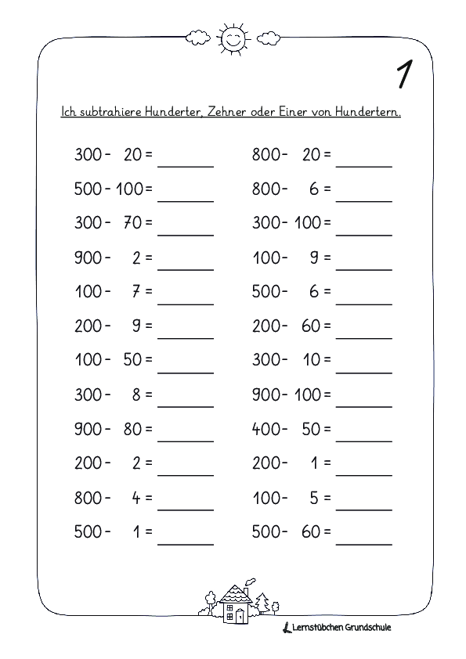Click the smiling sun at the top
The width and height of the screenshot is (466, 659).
[233, 36]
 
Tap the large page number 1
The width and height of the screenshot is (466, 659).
[405, 74]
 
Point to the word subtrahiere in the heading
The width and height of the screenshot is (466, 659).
[103, 112]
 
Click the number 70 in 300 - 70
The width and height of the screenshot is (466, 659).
[132, 222]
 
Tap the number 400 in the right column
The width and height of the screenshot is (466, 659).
[266, 429]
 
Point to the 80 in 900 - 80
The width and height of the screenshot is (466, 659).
[132, 429]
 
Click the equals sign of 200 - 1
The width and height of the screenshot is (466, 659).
[327, 463]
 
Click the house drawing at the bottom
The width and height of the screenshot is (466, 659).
[233, 605]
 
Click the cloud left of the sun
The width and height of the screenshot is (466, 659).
[197, 36]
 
